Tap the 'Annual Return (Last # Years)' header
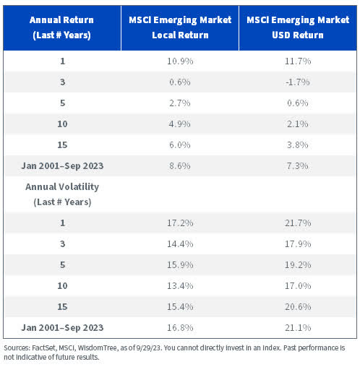62,26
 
